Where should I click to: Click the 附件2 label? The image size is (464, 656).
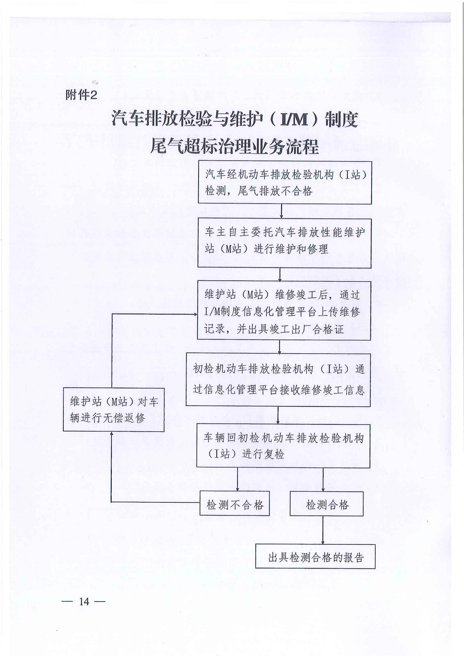[x=81, y=95]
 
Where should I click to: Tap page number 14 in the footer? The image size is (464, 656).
[x=84, y=602]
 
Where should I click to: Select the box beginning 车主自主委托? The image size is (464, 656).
[x=285, y=243]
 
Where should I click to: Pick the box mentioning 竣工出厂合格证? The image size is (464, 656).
[x=284, y=311]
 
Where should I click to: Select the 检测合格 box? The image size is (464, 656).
[x=326, y=503]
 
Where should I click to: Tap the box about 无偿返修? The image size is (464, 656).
[x=113, y=409]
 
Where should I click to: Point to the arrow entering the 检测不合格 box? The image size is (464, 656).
[x=238, y=479]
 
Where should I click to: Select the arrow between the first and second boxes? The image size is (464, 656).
[x=282, y=212]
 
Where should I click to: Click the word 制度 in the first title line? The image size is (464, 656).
[x=341, y=119]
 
